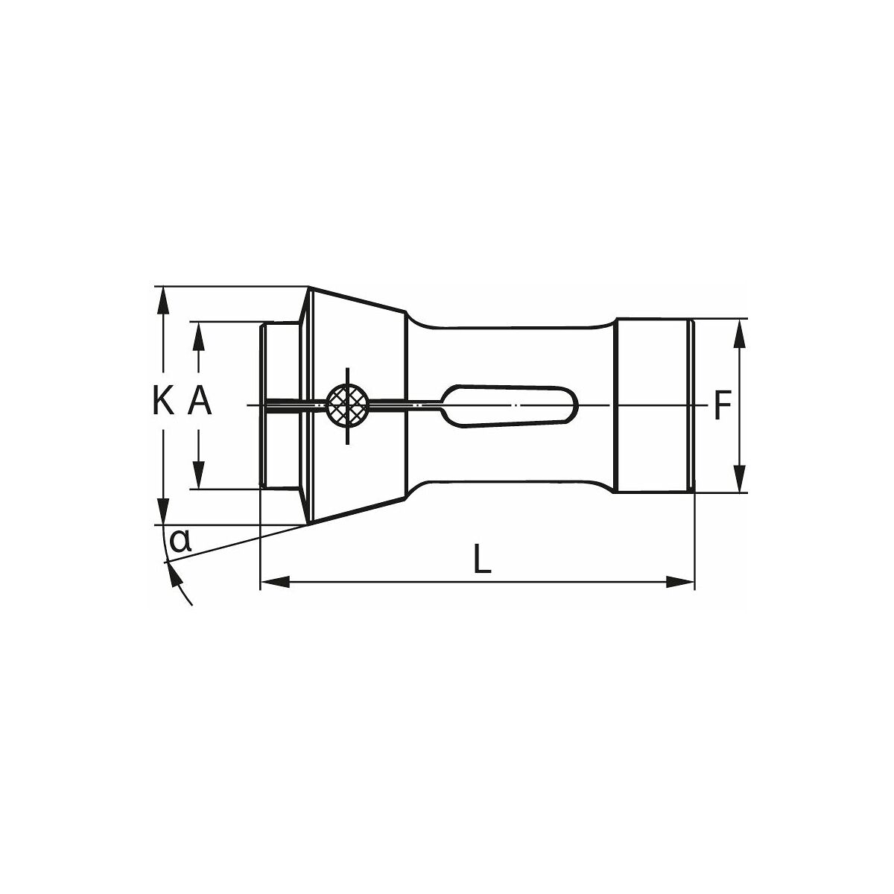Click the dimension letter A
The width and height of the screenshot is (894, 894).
click(199, 403)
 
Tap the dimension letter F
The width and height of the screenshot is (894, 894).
click(720, 406)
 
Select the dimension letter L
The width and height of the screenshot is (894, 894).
click(483, 559)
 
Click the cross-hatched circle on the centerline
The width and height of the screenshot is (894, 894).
click(348, 405)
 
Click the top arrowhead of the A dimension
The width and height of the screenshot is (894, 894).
click(199, 335)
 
